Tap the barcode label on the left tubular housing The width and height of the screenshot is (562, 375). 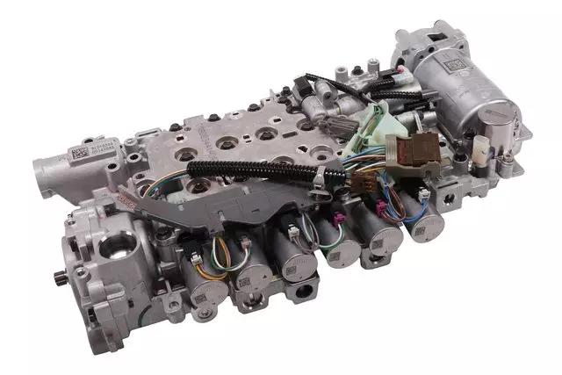tap(79, 151)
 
